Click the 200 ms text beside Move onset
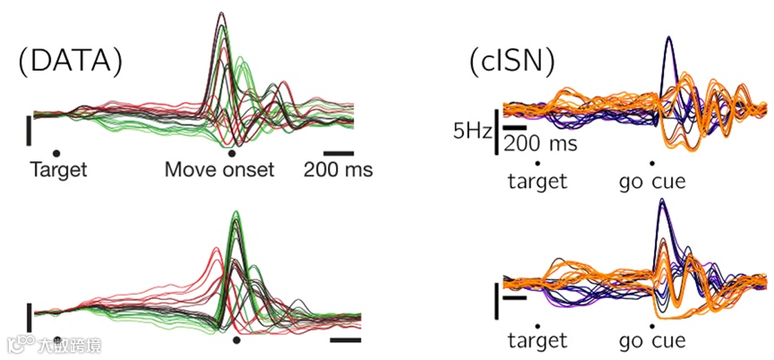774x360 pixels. pos(339,169)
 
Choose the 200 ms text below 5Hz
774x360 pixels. pos(538,142)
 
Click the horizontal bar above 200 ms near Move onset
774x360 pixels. pos(339,153)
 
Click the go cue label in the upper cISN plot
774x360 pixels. pos(652,182)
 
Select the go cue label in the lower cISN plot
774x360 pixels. pos(652,340)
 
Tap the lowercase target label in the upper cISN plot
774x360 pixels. pos(537,182)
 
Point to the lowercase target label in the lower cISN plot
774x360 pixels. pos(537,340)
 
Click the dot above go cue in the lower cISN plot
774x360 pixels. pos(652,323)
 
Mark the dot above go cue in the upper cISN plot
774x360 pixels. pos(652,164)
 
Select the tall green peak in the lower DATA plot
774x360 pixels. pos(236,215)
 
